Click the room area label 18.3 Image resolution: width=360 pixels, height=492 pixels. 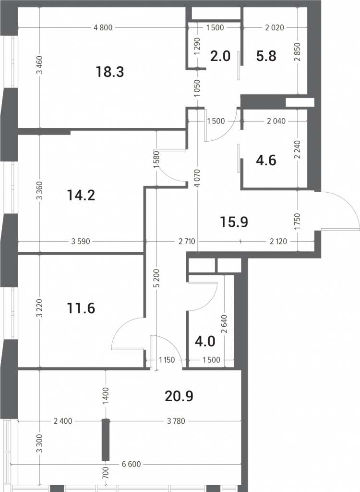coord(110,72)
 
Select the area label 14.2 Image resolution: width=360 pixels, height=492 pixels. coord(81,196)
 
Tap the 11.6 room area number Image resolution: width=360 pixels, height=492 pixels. coord(81,308)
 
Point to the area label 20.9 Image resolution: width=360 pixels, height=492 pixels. coord(179,396)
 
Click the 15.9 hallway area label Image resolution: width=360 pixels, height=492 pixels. coord(234,222)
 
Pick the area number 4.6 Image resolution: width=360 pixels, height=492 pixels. coord(266,160)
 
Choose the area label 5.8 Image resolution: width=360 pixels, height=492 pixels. coord(266,56)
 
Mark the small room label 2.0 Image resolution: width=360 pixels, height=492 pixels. coord(220,56)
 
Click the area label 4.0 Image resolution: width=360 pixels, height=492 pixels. coord(205,341)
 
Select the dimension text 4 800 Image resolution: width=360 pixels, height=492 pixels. coord(103,27)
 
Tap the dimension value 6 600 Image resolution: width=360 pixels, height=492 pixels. coord(131,464)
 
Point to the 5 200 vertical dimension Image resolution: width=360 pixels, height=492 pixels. coord(157,278)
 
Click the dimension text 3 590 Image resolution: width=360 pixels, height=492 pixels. coord(81,241)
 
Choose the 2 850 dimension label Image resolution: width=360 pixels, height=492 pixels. coord(298,52)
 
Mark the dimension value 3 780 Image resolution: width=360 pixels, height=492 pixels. coord(176,421)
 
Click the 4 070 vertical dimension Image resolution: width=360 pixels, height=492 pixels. coord(197,178)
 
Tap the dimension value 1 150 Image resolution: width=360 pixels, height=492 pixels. coord(167,360)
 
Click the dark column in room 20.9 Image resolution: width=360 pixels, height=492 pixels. coord(106,440)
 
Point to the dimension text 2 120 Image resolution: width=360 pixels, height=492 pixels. coord(278,241)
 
